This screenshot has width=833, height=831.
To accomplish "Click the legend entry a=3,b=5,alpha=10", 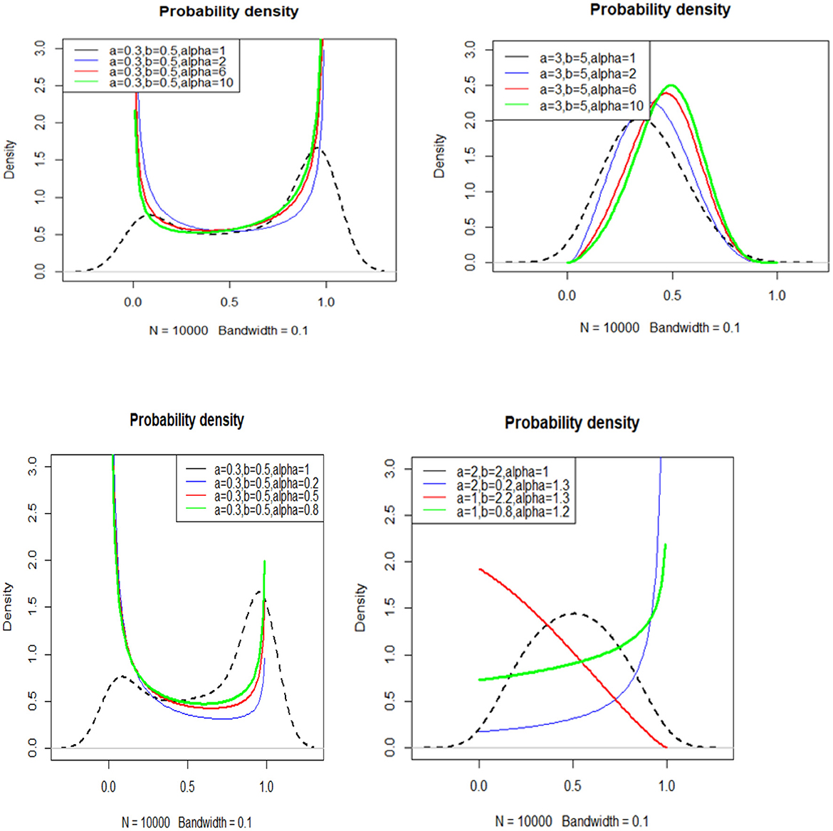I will pyautogui.click(x=591, y=106).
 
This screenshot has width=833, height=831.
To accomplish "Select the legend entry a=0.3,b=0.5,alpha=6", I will pyautogui.click(x=167, y=72).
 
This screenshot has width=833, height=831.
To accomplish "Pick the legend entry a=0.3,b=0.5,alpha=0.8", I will pyautogui.click(x=266, y=509).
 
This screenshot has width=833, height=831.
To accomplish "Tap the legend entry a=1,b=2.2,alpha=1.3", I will pyautogui.click(x=513, y=498).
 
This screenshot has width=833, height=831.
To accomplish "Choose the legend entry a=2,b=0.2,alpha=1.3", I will pyautogui.click(x=513, y=485).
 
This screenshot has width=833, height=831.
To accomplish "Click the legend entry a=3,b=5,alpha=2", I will pyautogui.click(x=587, y=74).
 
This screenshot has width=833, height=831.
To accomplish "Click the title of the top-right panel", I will pyautogui.click(x=660, y=10).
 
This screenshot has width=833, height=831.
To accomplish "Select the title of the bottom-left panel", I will pyautogui.click(x=187, y=420).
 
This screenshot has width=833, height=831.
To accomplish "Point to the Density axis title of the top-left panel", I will pyautogui.click(x=9, y=159).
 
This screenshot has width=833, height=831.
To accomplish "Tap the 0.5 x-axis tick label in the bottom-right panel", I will pyautogui.click(x=572, y=786).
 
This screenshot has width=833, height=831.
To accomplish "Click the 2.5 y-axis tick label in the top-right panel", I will pyautogui.click(x=470, y=85).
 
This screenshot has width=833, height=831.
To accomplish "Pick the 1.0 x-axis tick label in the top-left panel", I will pyautogui.click(x=326, y=302).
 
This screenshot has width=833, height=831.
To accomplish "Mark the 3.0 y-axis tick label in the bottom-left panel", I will pyautogui.click(x=32, y=467).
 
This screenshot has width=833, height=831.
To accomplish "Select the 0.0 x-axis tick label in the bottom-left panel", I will pyautogui.click(x=108, y=787).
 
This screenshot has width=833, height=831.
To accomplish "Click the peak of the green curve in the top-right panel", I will pyautogui.click(x=670, y=85).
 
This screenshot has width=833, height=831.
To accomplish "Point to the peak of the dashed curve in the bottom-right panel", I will pyautogui.click(x=574, y=613).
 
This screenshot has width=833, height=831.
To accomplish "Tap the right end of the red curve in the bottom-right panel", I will pyautogui.click(x=666, y=747).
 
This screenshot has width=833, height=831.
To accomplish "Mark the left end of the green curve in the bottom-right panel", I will pyautogui.click(x=480, y=679).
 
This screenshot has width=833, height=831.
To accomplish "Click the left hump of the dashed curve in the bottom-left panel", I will pyautogui.click(x=122, y=677).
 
